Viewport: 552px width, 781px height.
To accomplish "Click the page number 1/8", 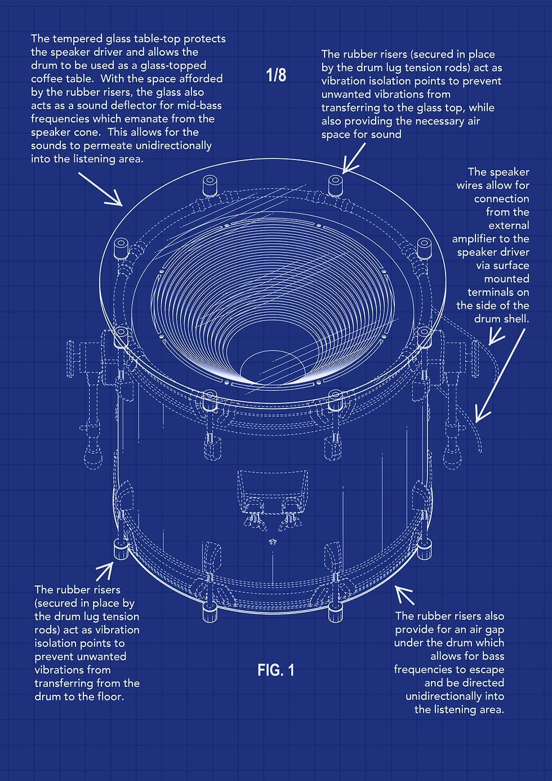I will (276, 75).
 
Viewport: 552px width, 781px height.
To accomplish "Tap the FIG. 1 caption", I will (276, 670).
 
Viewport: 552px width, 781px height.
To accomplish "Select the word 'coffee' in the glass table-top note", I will (47, 79).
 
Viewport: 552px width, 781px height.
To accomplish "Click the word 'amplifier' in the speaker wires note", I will (474, 239).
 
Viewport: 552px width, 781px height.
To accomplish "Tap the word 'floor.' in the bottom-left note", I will (108, 696).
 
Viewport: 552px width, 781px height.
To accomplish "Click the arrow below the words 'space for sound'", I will (354, 158).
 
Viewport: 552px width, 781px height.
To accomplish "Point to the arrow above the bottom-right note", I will (404, 594).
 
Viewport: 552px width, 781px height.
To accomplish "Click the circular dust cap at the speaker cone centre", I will (273, 367).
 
